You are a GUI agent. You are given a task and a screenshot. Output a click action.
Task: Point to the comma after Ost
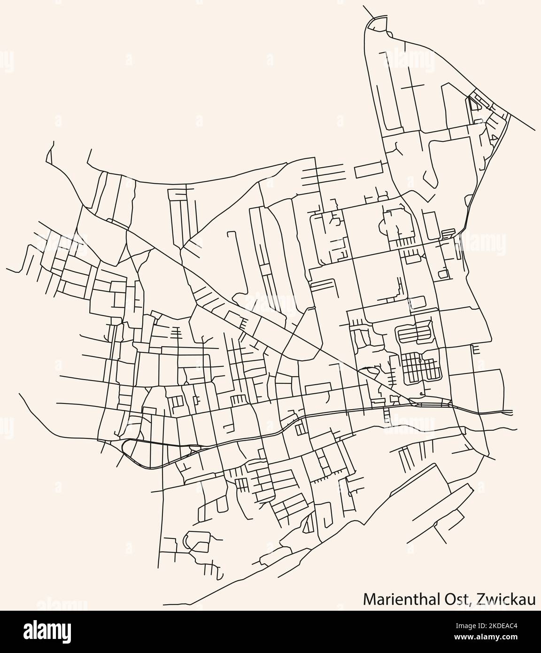pos(471,602)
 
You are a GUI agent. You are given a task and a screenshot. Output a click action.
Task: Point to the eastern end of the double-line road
pos(512,413)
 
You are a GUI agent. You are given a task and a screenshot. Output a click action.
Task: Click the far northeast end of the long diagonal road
pos(536,131)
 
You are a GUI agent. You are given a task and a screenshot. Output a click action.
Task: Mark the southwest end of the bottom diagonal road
pos(164,604)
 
